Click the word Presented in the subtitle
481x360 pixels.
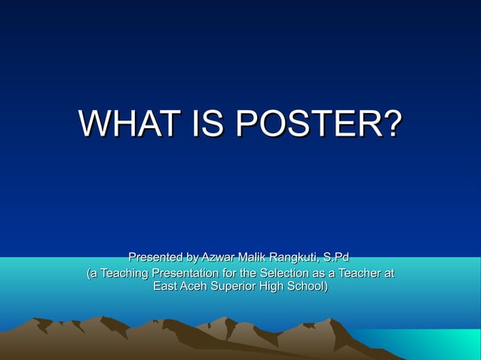click(156, 258)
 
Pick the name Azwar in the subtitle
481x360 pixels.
click(218, 258)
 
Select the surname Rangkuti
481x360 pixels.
click(299, 259)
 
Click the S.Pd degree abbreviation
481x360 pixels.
click(336, 258)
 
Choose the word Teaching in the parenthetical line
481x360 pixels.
click(124, 273)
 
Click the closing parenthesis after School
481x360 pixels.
click(326, 287)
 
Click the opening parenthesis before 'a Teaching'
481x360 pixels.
click(89, 273)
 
